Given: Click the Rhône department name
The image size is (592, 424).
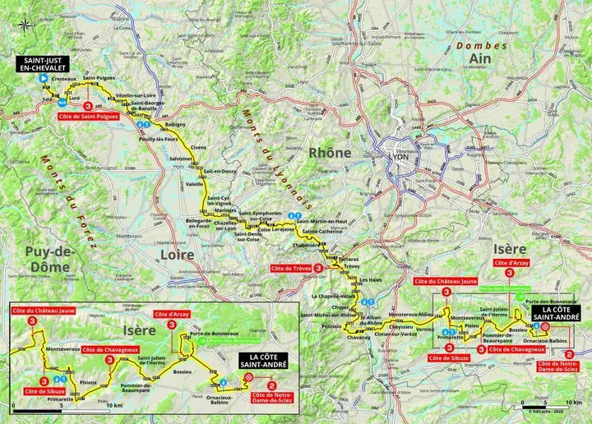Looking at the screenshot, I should pos(330,153).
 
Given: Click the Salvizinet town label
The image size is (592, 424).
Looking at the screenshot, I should pos(181,157).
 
